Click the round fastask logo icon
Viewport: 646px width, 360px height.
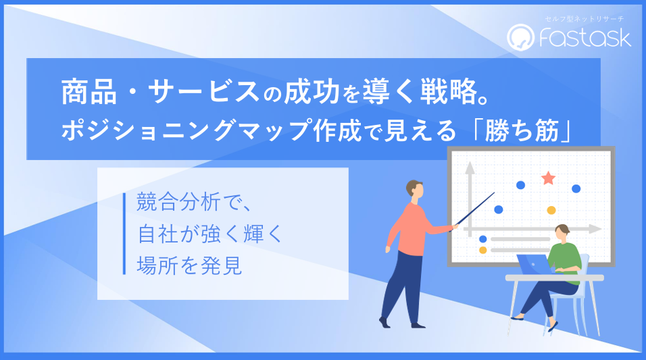click(x=520, y=37)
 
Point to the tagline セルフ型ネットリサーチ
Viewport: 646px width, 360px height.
click(x=585, y=19)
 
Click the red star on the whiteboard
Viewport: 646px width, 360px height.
click(x=548, y=178)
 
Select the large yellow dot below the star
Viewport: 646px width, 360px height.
click(x=551, y=210)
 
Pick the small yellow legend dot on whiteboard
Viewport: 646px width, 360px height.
click(x=483, y=250)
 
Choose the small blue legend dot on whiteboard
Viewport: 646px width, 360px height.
click(x=483, y=239)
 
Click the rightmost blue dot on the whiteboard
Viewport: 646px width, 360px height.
click(x=576, y=188)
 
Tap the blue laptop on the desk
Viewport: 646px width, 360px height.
click(x=534, y=265)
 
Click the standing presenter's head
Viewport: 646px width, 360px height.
click(x=416, y=190)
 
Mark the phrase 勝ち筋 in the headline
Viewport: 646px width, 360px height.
click(x=522, y=130)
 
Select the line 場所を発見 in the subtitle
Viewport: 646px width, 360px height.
click(x=189, y=265)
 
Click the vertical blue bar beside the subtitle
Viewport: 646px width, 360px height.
click(x=124, y=234)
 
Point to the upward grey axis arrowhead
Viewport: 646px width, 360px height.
click(x=470, y=168)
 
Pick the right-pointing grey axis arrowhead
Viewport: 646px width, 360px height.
click(x=596, y=228)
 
